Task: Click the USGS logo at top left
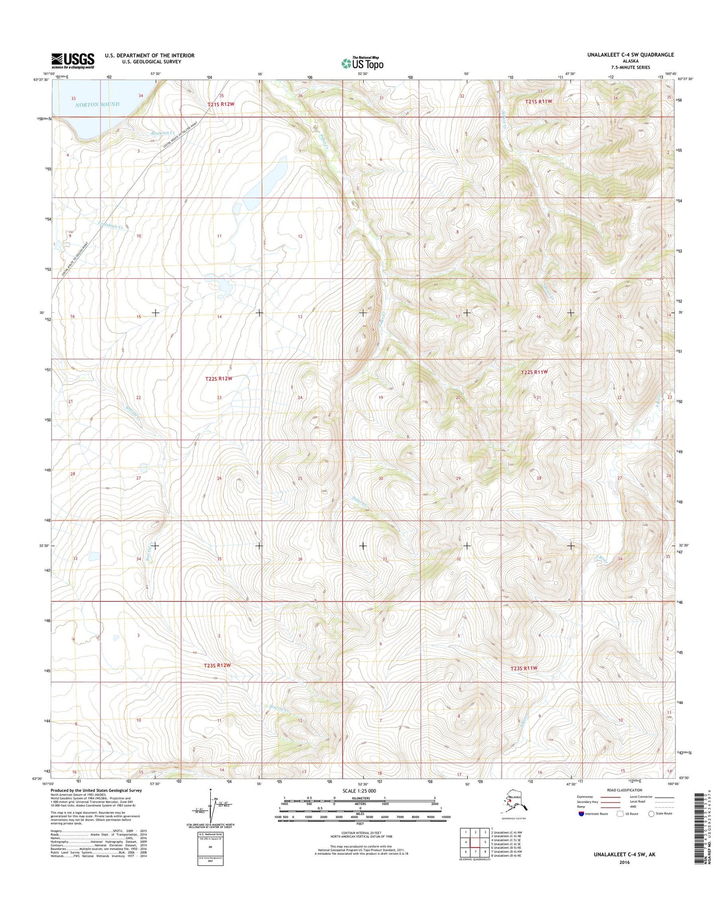(x=73, y=61)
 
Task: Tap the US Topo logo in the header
(x=362, y=63)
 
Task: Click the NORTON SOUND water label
(x=97, y=104)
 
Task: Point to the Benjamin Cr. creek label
(x=162, y=133)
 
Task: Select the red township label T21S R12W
(x=221, y=104)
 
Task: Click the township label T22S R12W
(x=219, y=379)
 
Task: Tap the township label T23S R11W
(x=524, y=668)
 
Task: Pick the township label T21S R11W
(x=538, y=101)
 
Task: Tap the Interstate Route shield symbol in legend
(x=581, y=814)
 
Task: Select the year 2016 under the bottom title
(x=624, y=863)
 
